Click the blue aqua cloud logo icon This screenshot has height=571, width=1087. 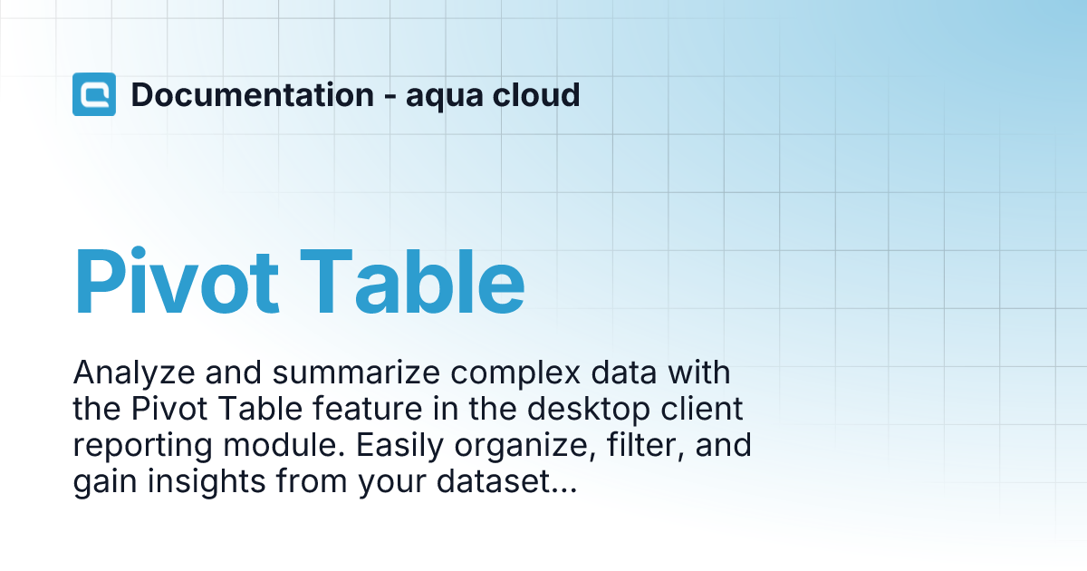(94, 94)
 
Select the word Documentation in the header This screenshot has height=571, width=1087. (253, 94)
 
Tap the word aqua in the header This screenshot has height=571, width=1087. (445, 98)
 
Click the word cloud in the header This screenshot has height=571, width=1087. (535, 94)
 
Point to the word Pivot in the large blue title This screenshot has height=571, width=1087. (176, 282)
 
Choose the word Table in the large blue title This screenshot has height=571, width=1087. (412, 282)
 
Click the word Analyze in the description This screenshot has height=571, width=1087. (134, 373)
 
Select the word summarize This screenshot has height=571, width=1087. (356, 373)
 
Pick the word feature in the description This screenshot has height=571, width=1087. (368, 409)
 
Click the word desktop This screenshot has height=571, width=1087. (589, 411)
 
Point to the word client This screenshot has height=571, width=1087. (702, 409)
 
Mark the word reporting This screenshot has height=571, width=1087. (143, 447)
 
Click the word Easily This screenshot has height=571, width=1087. (399, 447)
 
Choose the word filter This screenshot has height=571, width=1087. (646, 446)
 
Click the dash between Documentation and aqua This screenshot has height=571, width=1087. (390, 96)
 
